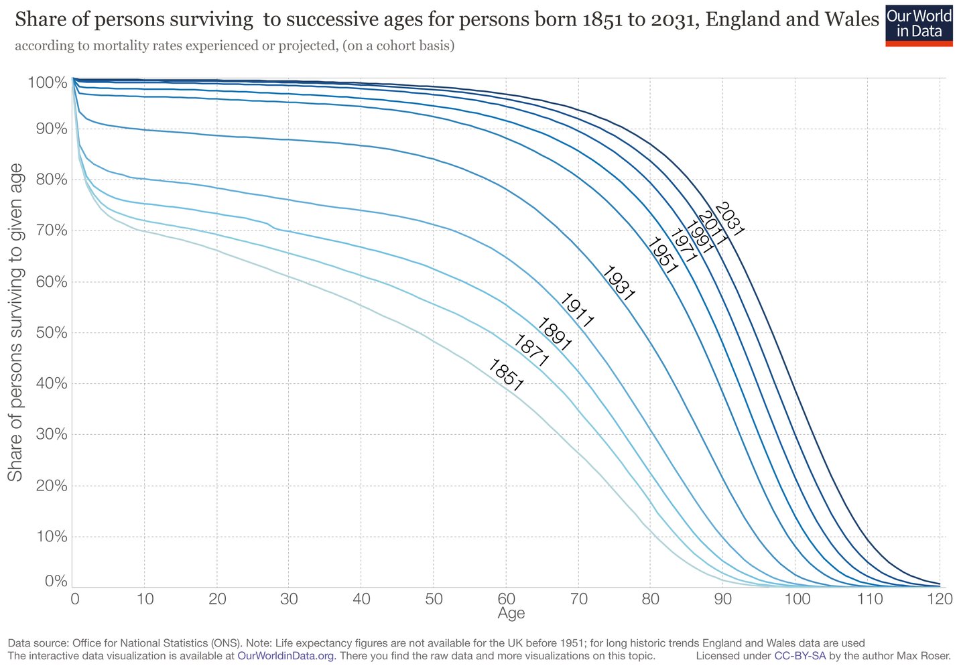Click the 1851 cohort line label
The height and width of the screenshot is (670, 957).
point(505,375)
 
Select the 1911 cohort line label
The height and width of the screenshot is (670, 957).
point(576,310)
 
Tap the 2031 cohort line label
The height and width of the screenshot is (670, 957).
point(729,219)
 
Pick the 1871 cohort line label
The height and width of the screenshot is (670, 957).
point(531,350)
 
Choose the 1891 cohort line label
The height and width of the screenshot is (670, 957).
point(554,334)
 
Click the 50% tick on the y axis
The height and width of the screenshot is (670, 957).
point(47,333)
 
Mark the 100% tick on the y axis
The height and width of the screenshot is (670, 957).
point(47,83)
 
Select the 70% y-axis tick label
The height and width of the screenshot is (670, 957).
point(47,230)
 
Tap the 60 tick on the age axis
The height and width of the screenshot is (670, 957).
point(506,598)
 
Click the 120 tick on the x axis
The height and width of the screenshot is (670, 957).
point(939,598)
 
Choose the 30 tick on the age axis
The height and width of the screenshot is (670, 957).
point(289,598)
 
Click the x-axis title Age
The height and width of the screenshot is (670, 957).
point(511,613)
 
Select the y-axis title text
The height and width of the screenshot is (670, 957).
point(15,322)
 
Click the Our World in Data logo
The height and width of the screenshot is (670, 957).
point(918,25)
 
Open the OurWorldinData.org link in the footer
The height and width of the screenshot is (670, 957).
point(286,656)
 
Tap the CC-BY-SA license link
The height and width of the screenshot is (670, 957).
point(800,656)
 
